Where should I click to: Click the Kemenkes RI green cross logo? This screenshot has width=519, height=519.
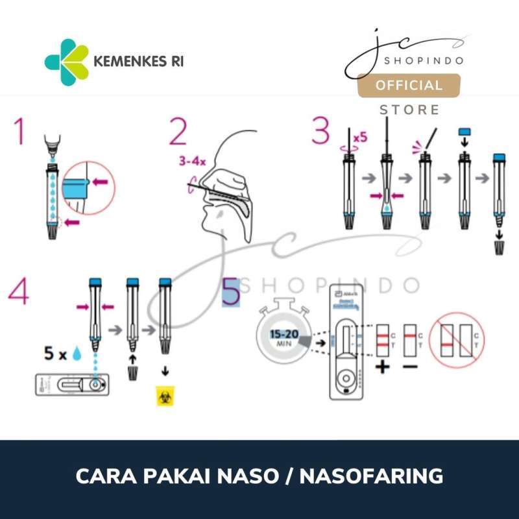tap(66, 62)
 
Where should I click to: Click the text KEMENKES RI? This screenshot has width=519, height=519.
tap(139, 63)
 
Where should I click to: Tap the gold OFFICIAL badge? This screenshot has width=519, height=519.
tap(409, 86)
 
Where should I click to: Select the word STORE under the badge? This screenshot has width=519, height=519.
tap(409, 110)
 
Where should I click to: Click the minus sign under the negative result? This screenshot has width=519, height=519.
tap(410, 368)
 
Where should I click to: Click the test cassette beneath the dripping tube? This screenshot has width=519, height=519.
tap(73, 385)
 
